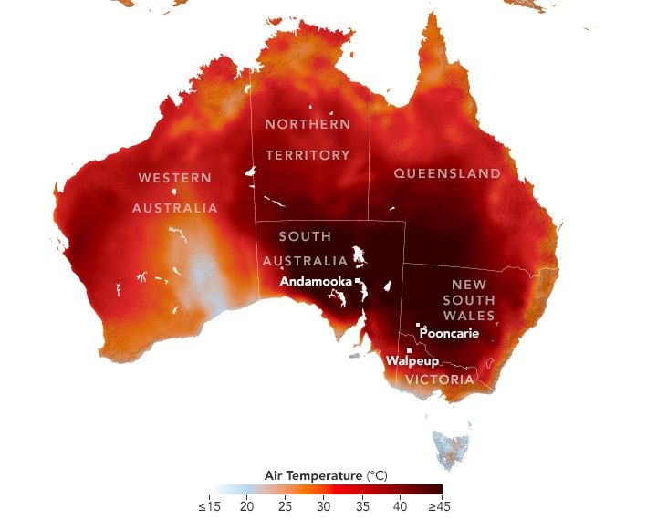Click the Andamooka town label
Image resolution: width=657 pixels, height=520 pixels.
[316, 282]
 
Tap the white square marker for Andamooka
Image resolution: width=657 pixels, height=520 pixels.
[358, 281]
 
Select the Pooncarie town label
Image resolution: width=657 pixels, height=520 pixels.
[449, 333]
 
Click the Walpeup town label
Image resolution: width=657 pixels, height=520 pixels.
[407, 361]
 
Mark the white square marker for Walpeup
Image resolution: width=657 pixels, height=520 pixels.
[410, 350]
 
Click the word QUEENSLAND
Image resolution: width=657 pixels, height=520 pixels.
[447, 173]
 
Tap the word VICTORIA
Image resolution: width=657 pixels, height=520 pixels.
[440, 380]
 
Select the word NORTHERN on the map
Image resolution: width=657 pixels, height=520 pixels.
[308, 123]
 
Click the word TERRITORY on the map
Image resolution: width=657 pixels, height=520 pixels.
[308, 155]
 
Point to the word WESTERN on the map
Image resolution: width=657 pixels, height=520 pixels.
[174, 177]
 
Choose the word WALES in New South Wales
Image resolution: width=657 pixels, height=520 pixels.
[469, 316]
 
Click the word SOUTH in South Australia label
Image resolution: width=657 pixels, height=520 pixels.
[305, 236]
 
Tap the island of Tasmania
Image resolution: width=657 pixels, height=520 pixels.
[451, 446]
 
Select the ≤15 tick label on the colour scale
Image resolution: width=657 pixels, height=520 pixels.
[208, 505]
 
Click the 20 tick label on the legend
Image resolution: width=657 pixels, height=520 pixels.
[246, 505]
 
